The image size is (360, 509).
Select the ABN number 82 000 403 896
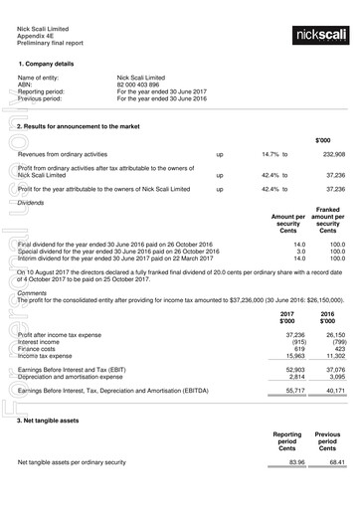[x=143, y=85]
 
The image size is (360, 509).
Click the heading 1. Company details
[x=48, y=63]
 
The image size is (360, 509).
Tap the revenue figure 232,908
[x=333, y=155]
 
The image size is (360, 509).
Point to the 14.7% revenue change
[x=271, y=155]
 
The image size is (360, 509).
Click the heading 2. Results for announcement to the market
[x=86, y=128]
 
